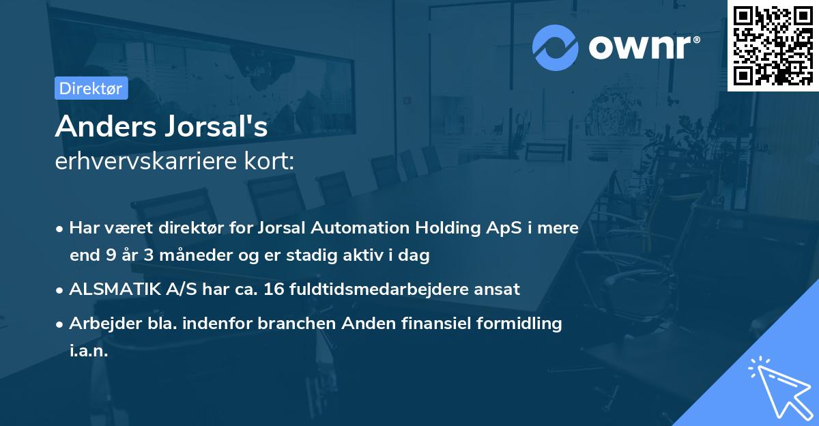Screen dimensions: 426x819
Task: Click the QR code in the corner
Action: [x=773, y=45]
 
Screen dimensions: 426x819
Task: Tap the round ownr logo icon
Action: [x=555, y=46]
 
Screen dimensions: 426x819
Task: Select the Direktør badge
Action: [x=91, y=88]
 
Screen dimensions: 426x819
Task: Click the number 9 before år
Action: [x=111, y=256]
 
